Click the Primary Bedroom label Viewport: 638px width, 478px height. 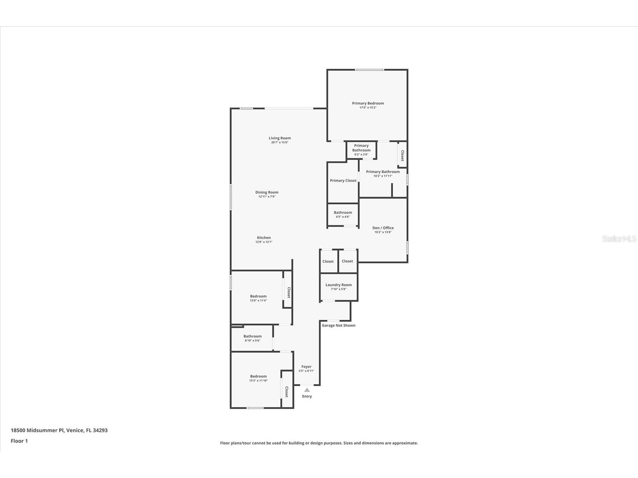[368, 103]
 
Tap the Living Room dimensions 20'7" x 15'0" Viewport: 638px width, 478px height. [279, 142]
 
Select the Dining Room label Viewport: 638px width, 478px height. [267, 192]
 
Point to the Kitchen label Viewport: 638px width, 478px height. [264, 237]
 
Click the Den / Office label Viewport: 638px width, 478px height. [383, 228]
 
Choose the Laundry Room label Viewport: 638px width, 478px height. [338, 285]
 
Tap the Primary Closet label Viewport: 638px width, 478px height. [343, 181]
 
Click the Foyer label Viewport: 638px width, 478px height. [306, 367]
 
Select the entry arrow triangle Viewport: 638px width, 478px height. [307, 390]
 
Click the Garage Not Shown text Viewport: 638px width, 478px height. [338, 325]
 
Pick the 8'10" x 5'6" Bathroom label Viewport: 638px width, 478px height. [252, 336]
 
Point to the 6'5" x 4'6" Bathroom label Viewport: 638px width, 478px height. [342, 213]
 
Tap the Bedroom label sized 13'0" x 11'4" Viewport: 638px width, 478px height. [258, 296]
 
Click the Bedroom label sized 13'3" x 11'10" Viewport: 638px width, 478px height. [258, 376]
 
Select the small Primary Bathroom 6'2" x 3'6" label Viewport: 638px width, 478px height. [361, 148]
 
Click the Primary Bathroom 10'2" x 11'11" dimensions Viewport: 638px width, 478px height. [383, 176]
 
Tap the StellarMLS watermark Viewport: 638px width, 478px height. [619, 239]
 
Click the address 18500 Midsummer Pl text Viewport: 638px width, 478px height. [59, 430]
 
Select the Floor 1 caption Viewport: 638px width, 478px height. [19, 441]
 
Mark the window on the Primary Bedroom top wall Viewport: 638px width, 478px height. [369, 70]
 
